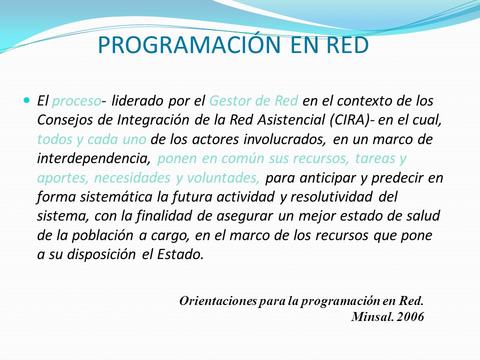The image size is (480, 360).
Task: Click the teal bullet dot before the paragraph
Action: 27,100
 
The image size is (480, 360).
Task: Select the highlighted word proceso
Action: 76,101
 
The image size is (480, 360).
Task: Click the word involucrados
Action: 284,139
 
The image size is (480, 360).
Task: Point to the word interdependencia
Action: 94,158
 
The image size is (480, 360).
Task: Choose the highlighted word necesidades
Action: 132,178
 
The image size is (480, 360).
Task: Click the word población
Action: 102,235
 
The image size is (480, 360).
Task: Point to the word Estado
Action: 180,254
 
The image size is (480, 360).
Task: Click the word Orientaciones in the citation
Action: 218,301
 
